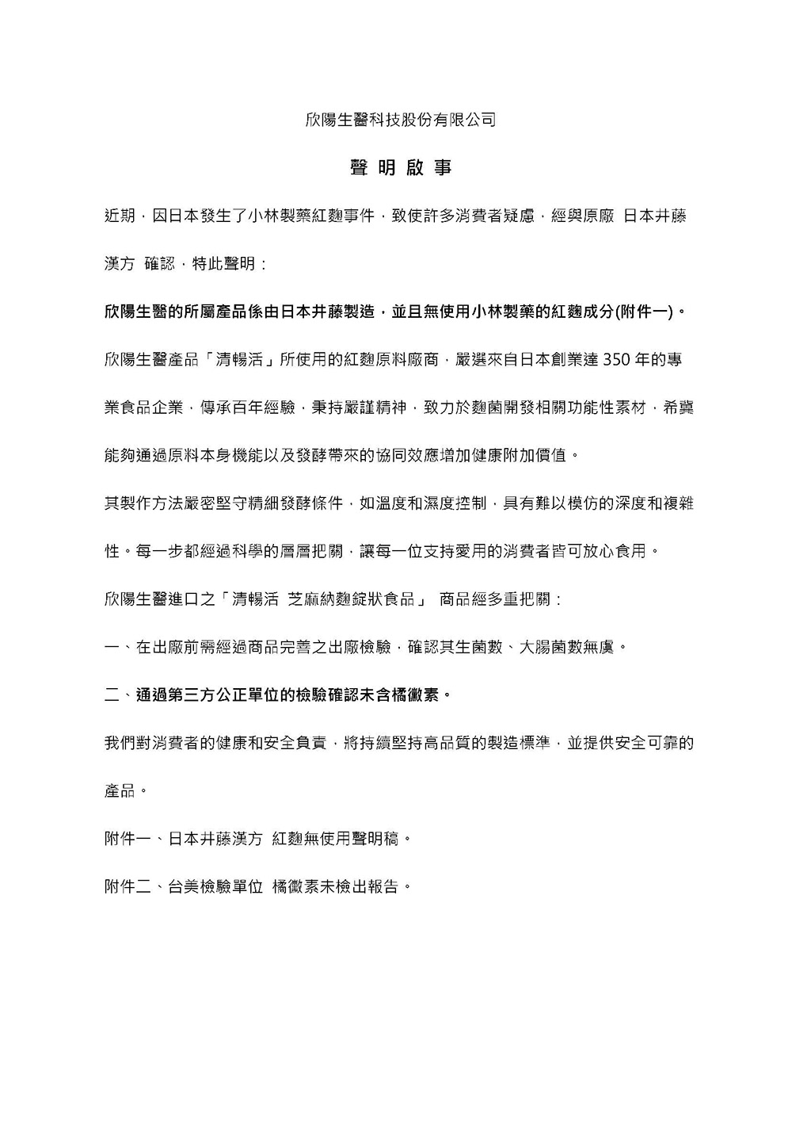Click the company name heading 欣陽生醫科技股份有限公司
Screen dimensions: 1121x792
401,121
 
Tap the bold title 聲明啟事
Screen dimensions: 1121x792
401,168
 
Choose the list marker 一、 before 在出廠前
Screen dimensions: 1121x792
119,648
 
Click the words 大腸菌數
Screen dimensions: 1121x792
550,648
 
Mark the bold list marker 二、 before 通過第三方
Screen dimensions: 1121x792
119,696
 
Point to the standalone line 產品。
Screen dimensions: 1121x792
126,791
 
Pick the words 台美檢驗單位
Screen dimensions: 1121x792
215,886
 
